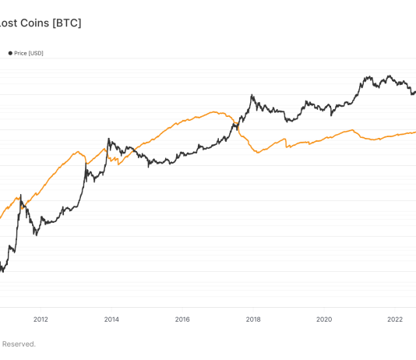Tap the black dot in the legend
[x=10, y=53]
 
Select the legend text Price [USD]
[x=30, y=53]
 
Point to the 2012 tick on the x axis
[x=41, y=319]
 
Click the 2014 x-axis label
[x=111, y=319]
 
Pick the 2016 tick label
[x=182, y=319]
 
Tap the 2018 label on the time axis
[x=253, y=319]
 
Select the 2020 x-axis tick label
[x=324, y=319]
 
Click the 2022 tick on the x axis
[x=395, y=319]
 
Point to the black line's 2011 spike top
[x=19, y=195]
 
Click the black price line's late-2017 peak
[x=252, y=96]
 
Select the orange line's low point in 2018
[x=258, y=154]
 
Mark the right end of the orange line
[x=414, y=132]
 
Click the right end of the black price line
[x=414, y=91]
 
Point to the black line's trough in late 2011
[x=35, y=235]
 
